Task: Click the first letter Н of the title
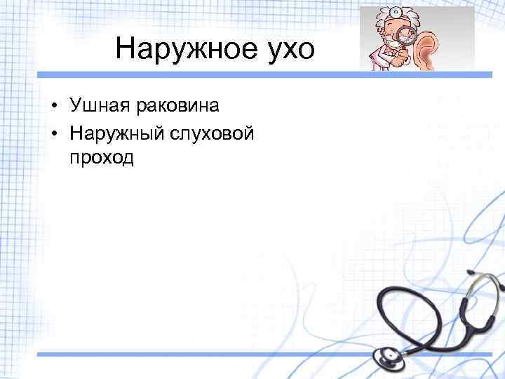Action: (x=123, y=48)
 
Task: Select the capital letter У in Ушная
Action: (x=75, y=106)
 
